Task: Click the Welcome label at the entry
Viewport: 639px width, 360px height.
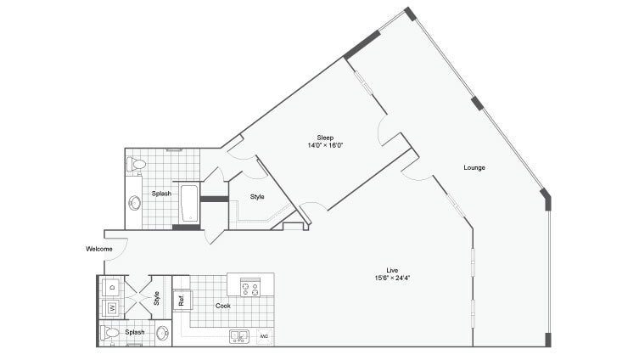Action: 99,249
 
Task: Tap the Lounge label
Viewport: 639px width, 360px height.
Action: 474,167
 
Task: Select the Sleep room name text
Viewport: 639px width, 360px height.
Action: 325,138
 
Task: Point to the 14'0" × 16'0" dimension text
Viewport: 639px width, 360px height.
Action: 325,146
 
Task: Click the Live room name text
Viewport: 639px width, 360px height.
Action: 392,270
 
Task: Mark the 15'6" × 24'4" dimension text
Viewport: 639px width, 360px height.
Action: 392,278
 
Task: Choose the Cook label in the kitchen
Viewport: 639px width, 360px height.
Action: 223,306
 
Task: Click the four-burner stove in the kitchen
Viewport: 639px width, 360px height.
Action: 250,287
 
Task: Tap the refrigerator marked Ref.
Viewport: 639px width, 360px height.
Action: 182,299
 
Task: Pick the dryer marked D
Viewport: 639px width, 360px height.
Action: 111,288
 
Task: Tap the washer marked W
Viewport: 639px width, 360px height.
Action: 111,307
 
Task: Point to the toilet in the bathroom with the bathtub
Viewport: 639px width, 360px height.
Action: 137,163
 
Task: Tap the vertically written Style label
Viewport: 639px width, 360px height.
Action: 157,298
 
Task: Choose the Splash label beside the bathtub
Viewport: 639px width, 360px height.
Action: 161,194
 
